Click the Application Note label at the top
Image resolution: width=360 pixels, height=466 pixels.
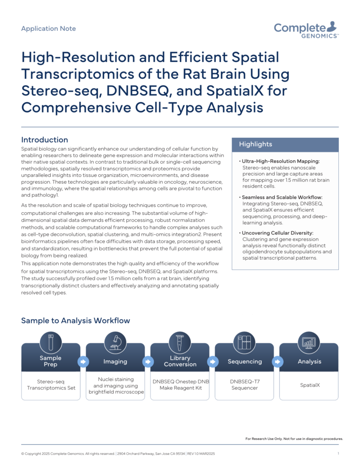[x=48, y=29]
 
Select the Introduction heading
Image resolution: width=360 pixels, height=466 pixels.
[x=45, y=140]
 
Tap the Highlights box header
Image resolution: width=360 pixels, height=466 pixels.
[x=255, y=144]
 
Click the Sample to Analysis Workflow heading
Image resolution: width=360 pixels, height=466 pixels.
[x=75, y=321]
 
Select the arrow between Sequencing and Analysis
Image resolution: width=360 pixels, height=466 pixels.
[x=277, y=361]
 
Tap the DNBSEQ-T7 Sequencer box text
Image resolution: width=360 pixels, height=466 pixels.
[x=245, y=384]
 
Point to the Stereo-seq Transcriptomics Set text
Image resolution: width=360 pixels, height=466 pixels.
[x=51, y=384]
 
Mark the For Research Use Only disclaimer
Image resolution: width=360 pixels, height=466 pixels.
[x=294, y=439]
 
